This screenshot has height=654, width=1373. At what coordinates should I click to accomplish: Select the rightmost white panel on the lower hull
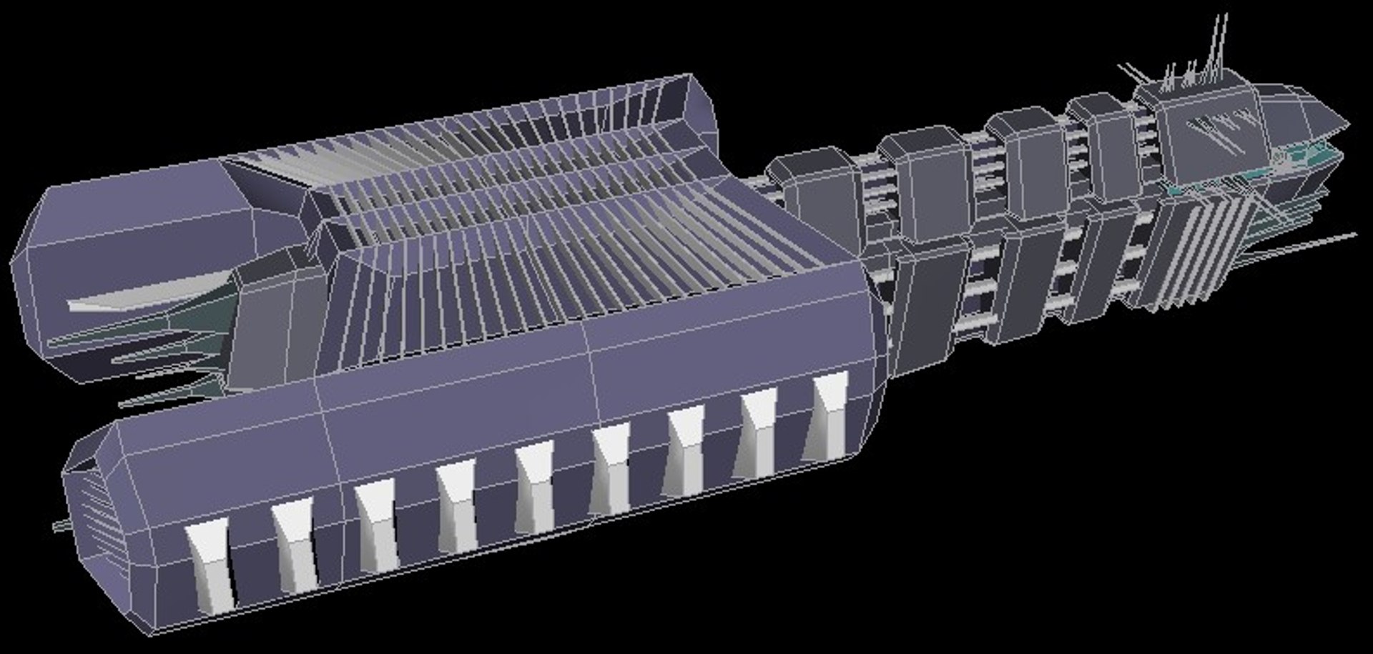click(828, 415)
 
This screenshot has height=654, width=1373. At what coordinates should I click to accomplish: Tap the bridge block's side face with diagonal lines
click(1216, 136)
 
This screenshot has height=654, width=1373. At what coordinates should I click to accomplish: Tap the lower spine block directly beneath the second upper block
click(930, 300)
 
